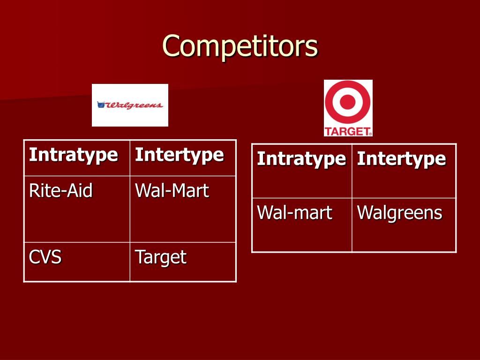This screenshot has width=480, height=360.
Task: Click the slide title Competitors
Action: (240, 46)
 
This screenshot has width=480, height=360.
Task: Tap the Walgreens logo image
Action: (130, 105)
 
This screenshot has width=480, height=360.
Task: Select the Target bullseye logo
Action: (348, 103)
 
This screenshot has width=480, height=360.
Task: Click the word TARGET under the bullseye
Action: (347, 131)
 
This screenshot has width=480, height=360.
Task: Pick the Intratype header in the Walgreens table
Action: (74, 155)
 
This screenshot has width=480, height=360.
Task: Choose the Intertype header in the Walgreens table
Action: (179, 155)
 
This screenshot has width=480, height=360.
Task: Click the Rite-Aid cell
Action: (61, 191)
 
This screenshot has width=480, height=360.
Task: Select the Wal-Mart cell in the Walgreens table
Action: (172, 191)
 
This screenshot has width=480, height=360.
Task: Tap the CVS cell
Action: (45, 257)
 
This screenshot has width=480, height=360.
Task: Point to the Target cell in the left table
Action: (160, 257)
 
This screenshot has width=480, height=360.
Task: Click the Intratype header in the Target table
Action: (301, 159)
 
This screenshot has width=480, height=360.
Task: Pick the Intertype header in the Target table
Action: (401, 159)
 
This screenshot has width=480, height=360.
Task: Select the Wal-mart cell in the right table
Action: (294, 213)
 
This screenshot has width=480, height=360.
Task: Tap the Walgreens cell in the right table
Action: (399, 213)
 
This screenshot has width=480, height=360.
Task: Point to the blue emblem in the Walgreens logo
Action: (100, 105)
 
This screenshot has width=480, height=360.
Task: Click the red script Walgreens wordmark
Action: (135, 105)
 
